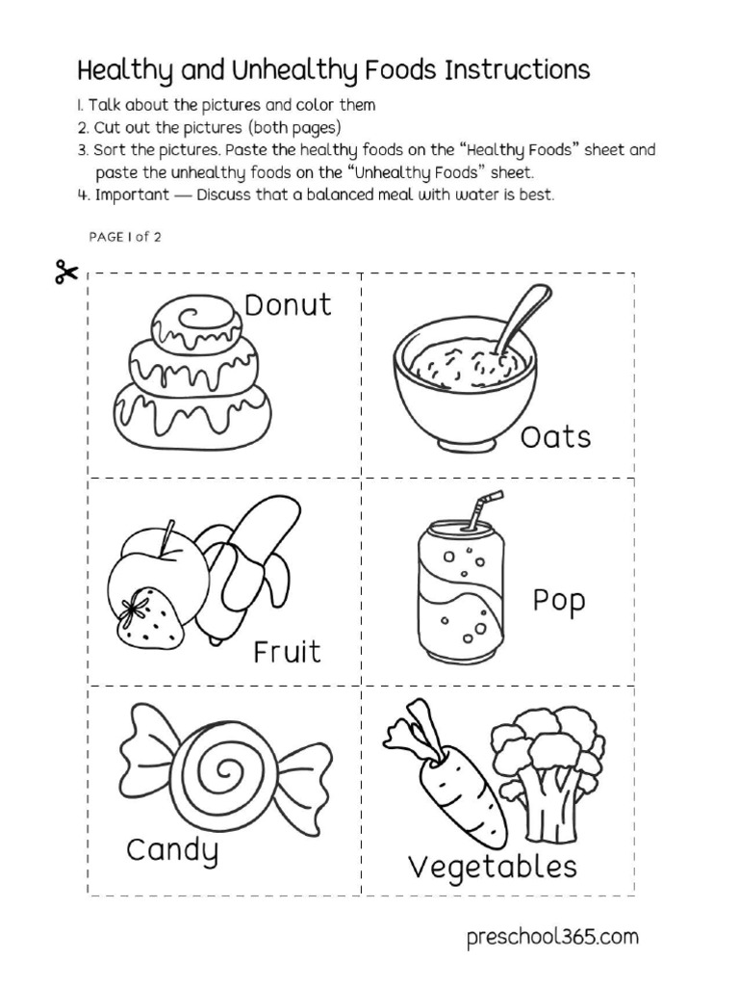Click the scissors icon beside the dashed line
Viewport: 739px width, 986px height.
pyautogui.click(x=65, y=273)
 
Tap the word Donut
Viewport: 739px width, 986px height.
pyautogui.click(x=287, y=305)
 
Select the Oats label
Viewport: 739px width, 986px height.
pyautogui.click(x=555, y=438)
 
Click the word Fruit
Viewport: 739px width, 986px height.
pyautogui.click(x=287, y=653)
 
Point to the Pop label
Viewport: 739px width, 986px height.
pyautogui.click(x=559, y=603)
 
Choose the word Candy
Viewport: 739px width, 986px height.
pyautogui.click(x=172, y=851)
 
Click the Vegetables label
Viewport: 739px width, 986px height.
pyautogui.click(x=493, y=868)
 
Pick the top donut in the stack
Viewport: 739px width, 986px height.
pyautogui.click(x=197, y=321)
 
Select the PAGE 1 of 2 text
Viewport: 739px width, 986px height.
pyautogui.click(x=124, y=237)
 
